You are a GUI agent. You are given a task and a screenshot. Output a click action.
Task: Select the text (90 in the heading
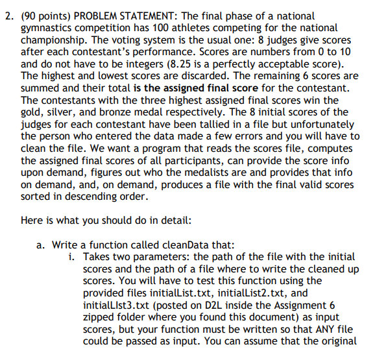(x=30, y=15)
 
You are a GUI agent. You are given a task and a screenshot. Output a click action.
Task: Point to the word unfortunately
(x=320, y=125)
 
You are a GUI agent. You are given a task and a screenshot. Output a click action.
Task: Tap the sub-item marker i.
(x=71, y=257)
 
